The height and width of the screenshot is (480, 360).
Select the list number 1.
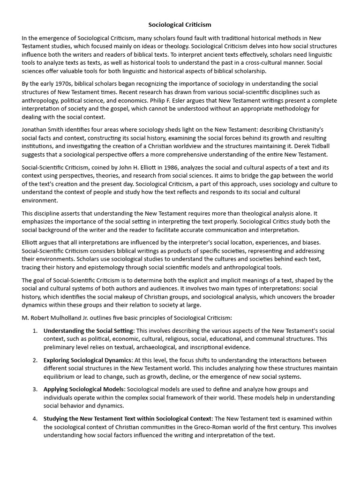(x=35, y=330)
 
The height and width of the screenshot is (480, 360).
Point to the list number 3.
(x=35, y=389)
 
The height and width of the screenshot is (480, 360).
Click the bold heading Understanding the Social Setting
(x=89, y=330)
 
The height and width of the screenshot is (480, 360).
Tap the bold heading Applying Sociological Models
(x=84, y=389)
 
